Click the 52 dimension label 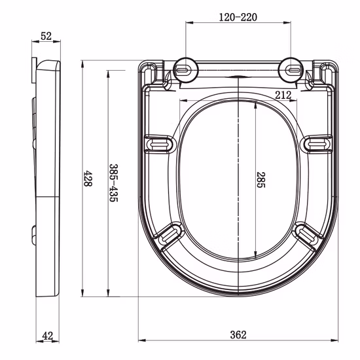[46, 37]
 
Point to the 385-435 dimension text [113, 183]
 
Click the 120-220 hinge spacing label [238, 17]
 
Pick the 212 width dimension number [283, 95]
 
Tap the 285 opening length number [260, 181]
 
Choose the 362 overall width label [238, 334]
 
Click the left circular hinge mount [186, 68]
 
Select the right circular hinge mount [291, 68]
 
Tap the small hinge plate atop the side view [35, 71]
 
